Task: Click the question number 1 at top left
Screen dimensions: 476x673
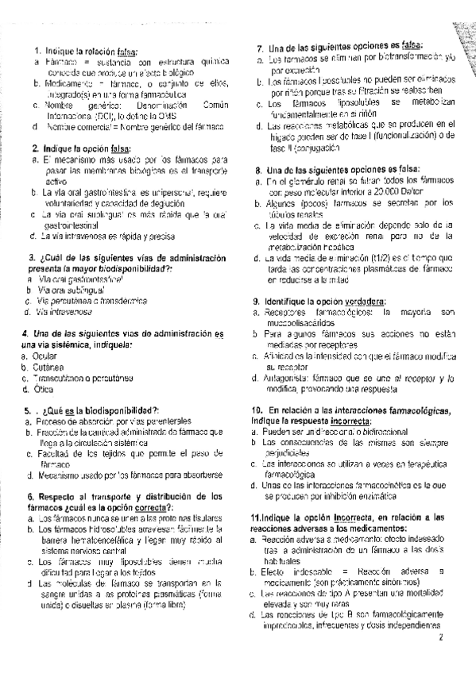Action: click(37, 48)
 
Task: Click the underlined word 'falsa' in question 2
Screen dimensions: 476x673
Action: click(118, 148)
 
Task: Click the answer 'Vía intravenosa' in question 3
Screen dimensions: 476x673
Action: click(64, 313)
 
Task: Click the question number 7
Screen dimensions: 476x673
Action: click(260, 46)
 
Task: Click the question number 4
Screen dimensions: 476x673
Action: click(26, 332)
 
